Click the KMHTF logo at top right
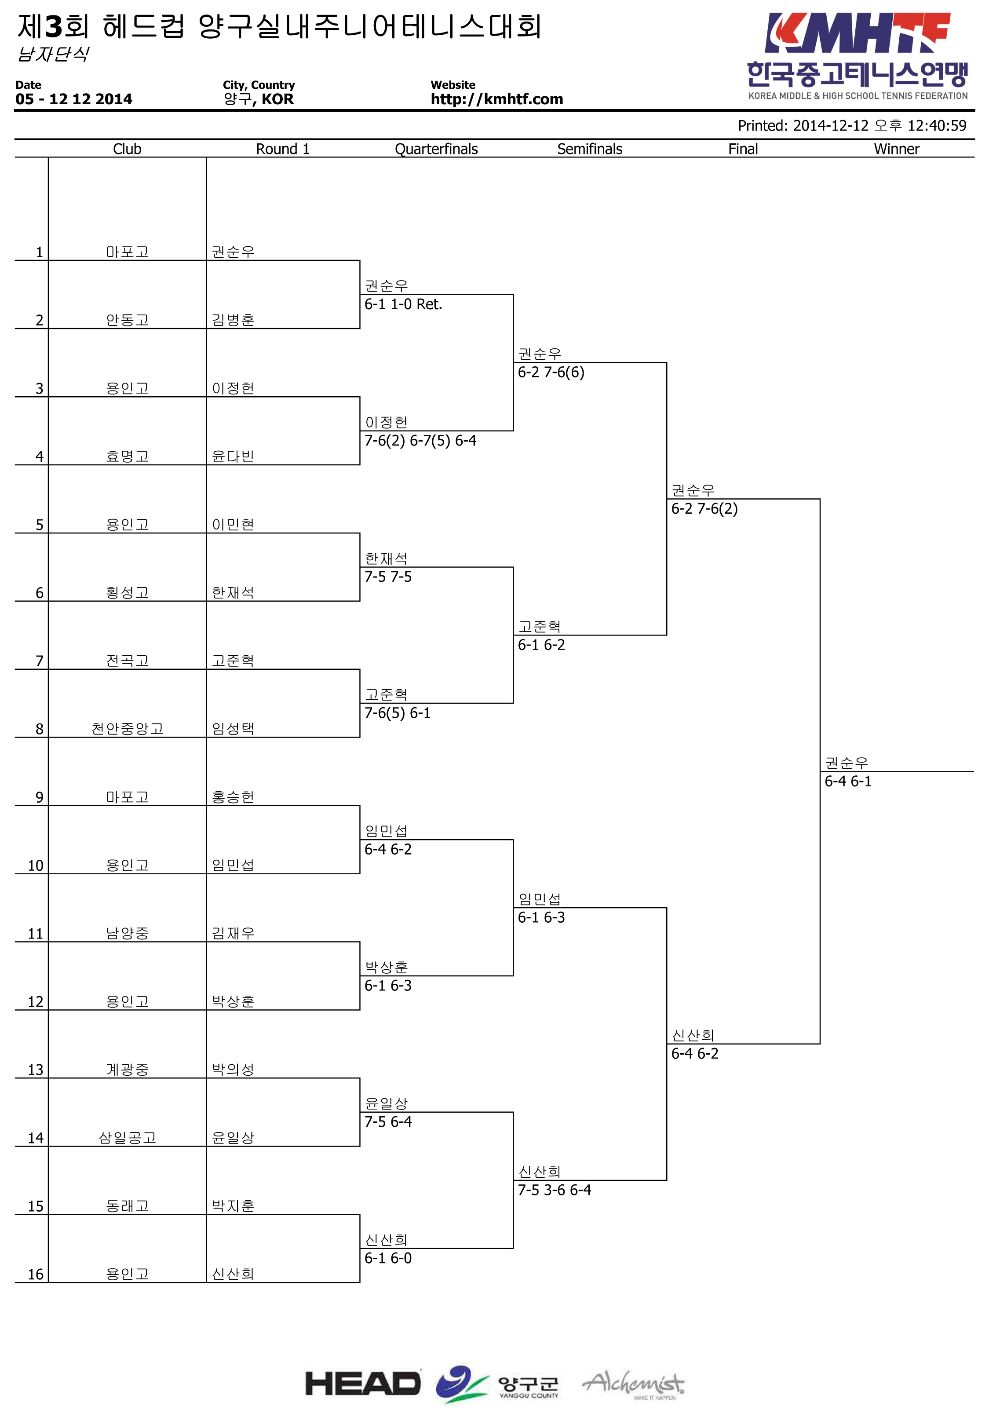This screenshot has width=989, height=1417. [857, 56]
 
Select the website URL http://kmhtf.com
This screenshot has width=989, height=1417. [496, 99]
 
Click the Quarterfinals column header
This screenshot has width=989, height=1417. [436, 149]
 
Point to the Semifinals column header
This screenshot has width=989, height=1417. [590, 149]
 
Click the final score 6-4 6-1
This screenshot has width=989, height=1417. [848, 782]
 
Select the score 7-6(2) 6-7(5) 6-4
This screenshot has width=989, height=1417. [420, 441]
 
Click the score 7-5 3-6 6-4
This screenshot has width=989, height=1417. [554, 1190]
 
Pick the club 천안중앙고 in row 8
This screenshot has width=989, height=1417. [128, 729]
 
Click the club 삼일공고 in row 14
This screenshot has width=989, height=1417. [128, 1137]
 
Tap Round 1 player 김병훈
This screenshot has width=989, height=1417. [233, 320]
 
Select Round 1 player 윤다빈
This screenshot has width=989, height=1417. [233, 456]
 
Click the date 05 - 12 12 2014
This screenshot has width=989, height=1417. [74, 99]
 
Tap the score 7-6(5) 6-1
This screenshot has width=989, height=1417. [398, 713]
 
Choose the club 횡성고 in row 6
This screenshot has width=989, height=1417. [128, 592]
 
